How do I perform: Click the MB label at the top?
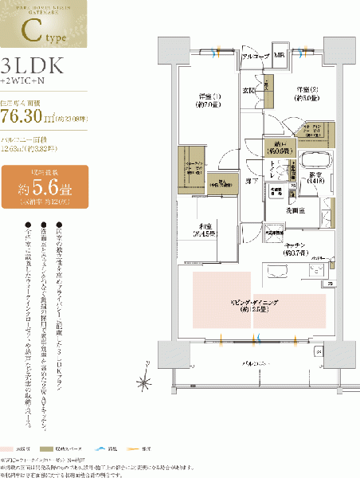coord(280,57)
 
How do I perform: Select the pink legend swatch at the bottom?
coord(10,449)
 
